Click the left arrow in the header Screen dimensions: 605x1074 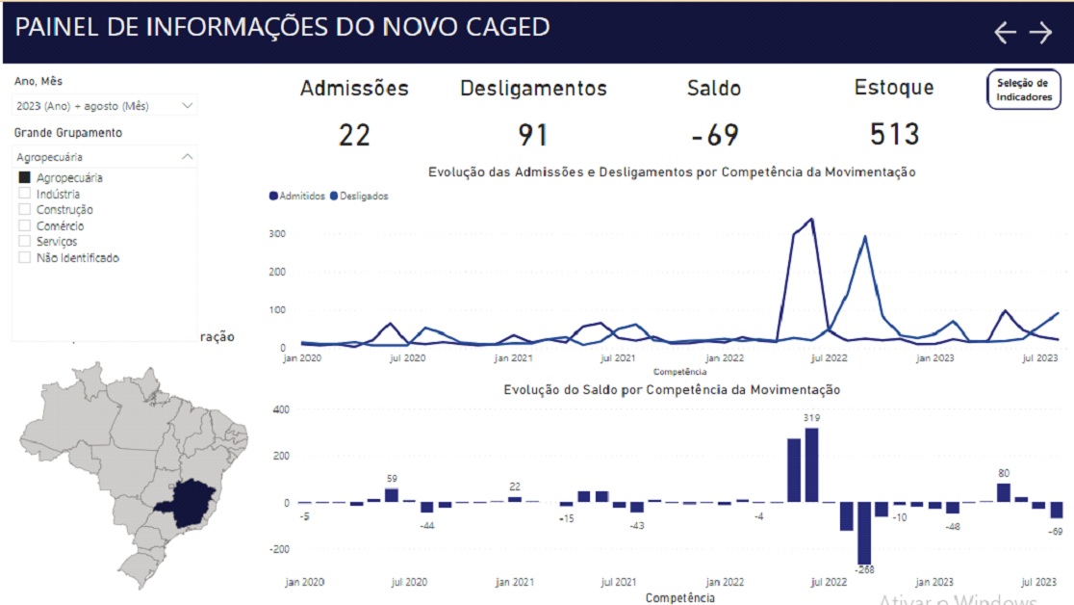pos(1005,33)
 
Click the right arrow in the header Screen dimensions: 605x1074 pos(1041,33)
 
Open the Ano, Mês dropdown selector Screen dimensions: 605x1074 pos(105,105)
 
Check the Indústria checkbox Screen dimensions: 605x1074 pos(24,194)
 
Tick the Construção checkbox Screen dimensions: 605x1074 pos(24,210)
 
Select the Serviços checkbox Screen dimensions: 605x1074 pos(24,242)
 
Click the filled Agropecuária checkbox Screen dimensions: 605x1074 pos(24,178)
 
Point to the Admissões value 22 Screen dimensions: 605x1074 pos(354,135)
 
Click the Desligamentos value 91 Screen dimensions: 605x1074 pos(533,135)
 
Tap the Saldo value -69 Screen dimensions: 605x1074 pos(714,135)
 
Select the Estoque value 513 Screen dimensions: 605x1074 pos(894,134)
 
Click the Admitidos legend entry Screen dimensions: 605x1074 pos(298,197)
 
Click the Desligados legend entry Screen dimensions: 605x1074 pos(359,197)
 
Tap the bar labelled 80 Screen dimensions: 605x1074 pos(1004,492)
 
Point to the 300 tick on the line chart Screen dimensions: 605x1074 pos(277,234)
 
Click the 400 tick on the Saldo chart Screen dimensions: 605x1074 pos(280,409)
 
